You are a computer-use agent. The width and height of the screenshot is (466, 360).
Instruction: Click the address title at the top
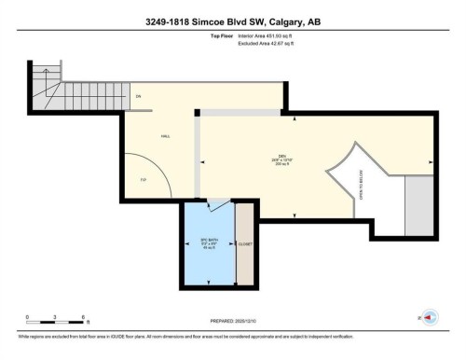[232, 21]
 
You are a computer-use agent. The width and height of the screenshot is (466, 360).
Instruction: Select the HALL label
[165, 136]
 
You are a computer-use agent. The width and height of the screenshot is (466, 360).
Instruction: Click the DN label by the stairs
[137, 97]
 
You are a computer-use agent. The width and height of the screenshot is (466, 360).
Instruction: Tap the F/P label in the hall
[144, 179]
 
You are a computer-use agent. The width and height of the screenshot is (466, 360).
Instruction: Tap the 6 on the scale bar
[84, 318]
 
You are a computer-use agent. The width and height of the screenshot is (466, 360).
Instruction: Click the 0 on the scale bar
[27, 318]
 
